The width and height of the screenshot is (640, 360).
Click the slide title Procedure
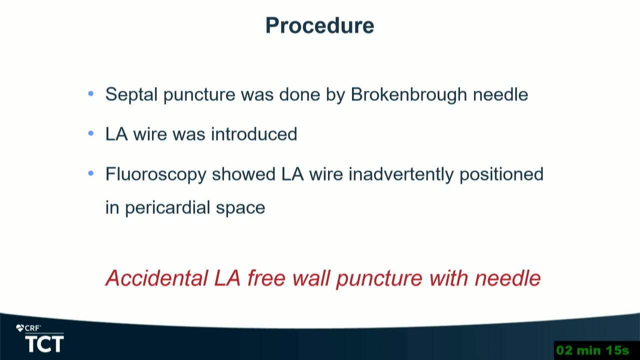[319, 26]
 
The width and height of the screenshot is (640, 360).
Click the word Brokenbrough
[409, 94]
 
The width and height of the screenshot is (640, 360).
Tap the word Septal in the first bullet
[131, 94]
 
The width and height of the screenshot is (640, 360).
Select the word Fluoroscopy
[155, 174]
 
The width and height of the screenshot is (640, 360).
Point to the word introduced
[254, 134]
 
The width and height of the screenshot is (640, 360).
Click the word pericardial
[167, 207]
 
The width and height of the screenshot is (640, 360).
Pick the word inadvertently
[401, 174]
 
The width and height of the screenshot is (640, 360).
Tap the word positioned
[501, 174]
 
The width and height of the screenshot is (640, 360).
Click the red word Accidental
[157, 278]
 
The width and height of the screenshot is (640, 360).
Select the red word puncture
[379, 278]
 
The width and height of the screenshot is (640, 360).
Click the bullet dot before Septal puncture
[91, 93]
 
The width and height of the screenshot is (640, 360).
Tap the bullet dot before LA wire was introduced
[91, 133]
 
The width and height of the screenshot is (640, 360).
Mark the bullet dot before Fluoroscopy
[91, 173]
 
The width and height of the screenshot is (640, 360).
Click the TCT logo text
[44, 344]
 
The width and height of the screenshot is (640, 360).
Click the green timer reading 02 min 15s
[593, 350]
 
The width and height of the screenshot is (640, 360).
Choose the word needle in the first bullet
[500, 94]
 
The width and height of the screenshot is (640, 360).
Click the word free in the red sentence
[266, 278]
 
